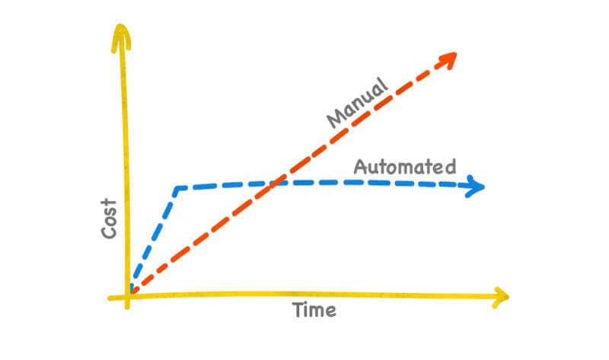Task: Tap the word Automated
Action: pyautogui.click(x=405, y=167)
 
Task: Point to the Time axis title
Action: pyautogui.click(x=314, y=310)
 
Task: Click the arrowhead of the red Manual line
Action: pyautogui.click(x=449, y=57)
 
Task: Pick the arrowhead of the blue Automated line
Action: pyautogui.click(x=477, y=186)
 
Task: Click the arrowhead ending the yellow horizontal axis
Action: pyautogui.click(x=500, y=296)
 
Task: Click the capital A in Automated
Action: pyautogui.click(x=362, y=167)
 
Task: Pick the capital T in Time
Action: pyautogui.click(x=298, y=309)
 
